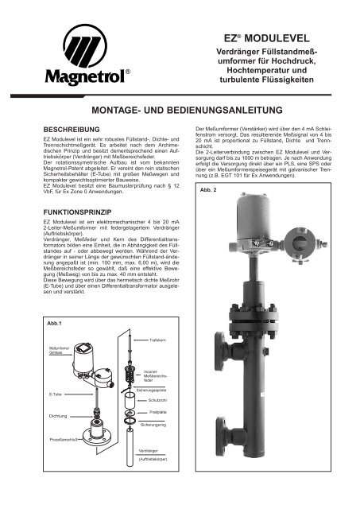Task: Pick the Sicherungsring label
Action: point(153,425)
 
